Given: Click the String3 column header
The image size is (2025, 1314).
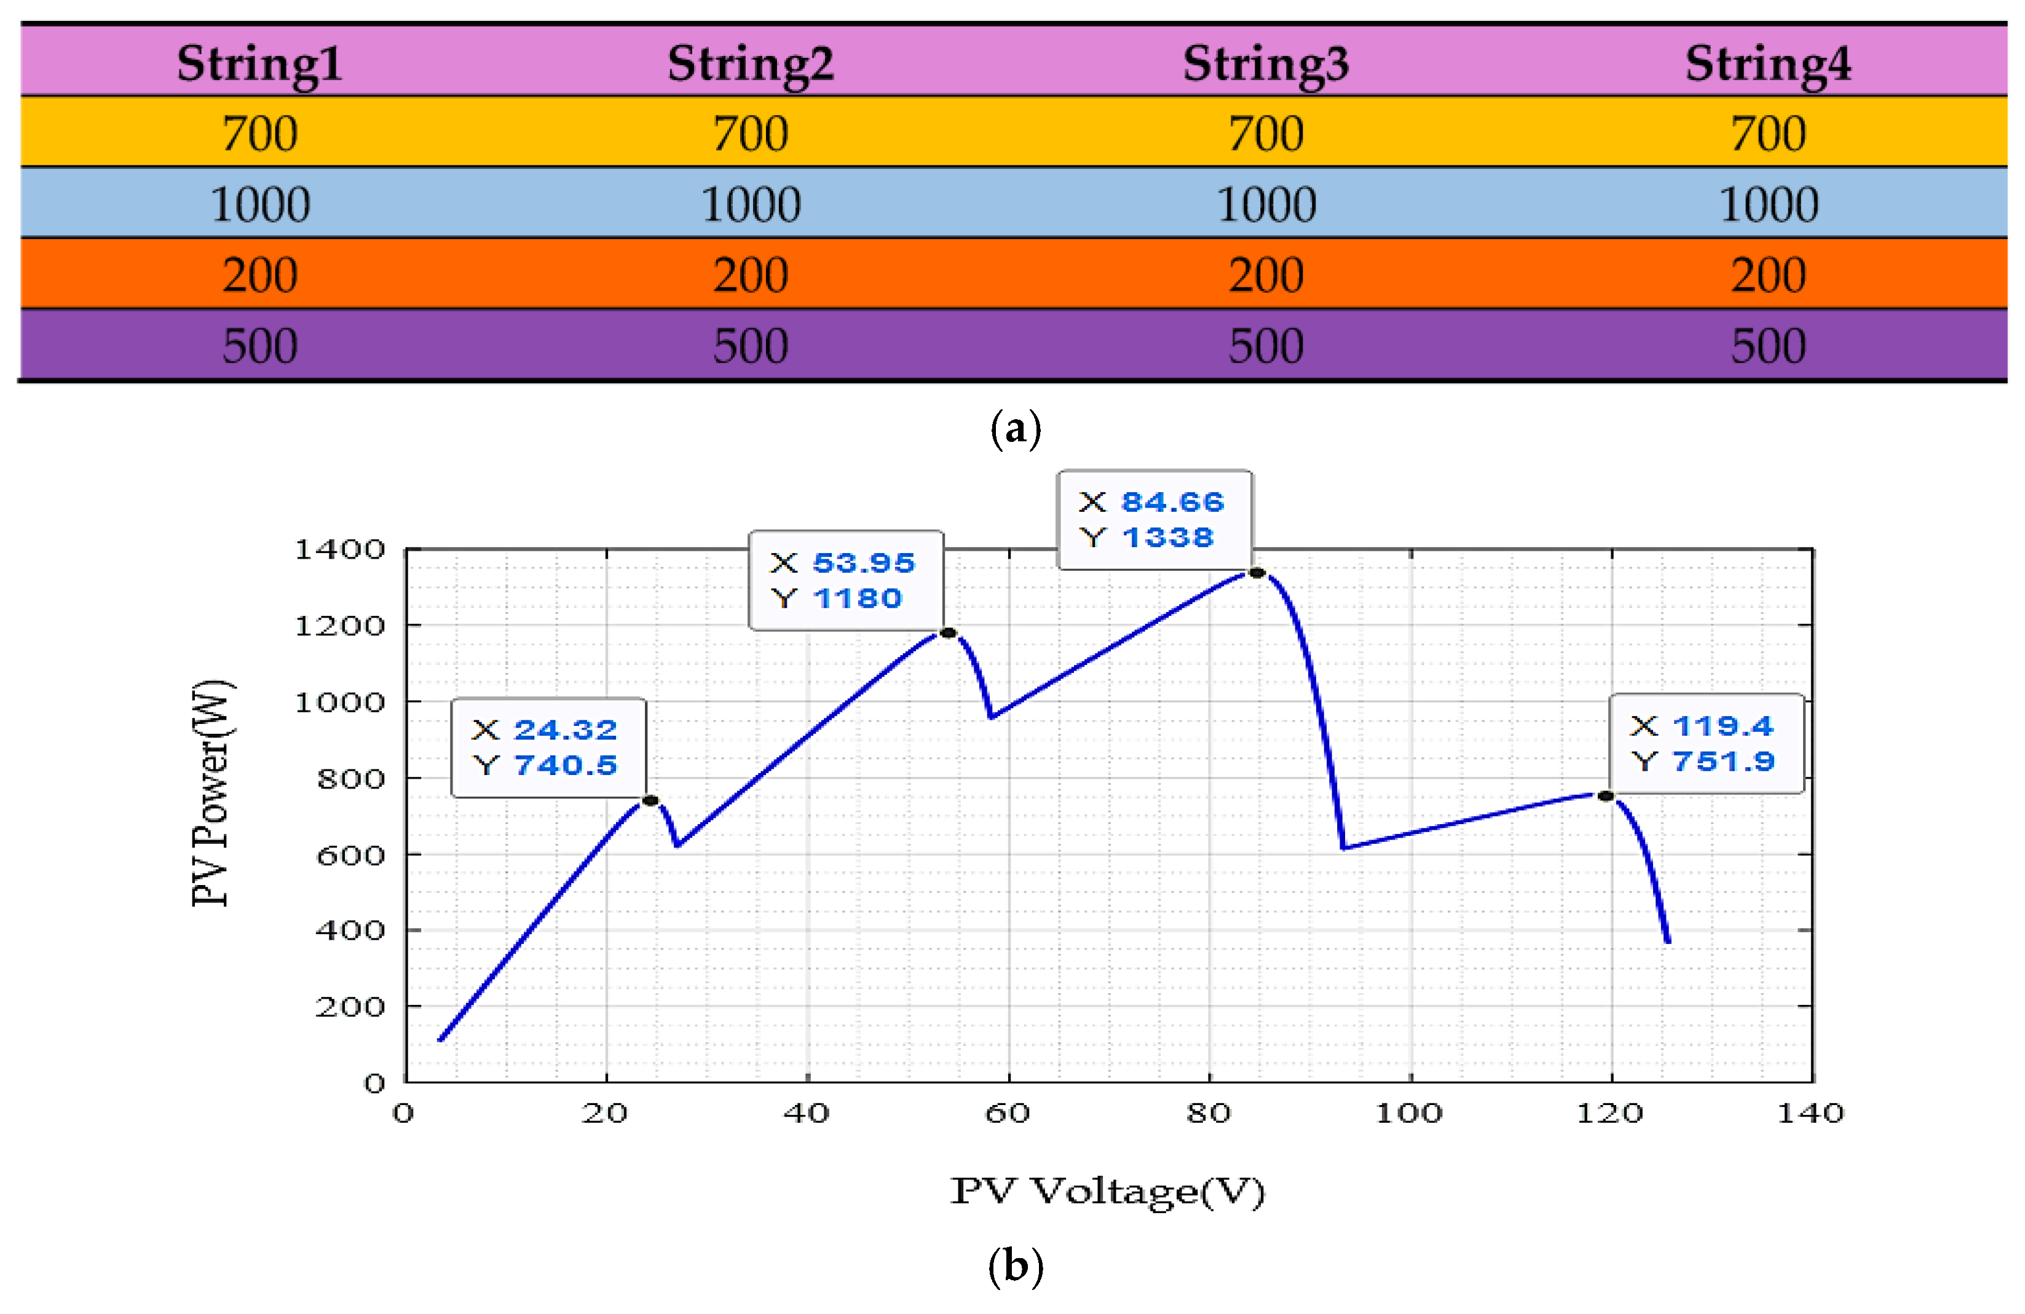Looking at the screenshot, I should point(1265,64).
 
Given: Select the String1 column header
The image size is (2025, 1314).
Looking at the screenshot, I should point(259,64).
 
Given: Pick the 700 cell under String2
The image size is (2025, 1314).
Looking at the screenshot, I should point(751,133).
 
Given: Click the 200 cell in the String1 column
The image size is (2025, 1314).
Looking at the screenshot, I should point(259,275).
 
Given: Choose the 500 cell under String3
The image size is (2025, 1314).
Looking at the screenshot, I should point(1265,346).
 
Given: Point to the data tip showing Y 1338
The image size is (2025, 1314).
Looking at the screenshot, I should point(1154,520).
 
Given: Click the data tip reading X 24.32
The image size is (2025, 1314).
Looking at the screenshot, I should point(548,747).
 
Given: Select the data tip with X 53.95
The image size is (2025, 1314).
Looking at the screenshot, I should point(846,580).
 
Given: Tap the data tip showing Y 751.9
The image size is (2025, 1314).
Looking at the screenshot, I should point(1705,743).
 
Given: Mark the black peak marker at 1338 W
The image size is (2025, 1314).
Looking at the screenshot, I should point(1257,572).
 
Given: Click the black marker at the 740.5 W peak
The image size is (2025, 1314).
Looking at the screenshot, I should point(650,800).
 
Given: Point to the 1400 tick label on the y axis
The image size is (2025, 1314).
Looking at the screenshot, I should point(339,549).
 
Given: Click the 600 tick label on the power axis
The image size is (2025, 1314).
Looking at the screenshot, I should point(350,855).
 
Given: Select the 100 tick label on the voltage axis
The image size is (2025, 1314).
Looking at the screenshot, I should point(1409,1113).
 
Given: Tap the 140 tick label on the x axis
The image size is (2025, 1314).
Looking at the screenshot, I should point(1810,1113).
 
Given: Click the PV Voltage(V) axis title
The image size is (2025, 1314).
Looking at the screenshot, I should point(1107,1190).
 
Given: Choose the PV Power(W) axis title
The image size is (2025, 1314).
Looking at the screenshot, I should point(210,793).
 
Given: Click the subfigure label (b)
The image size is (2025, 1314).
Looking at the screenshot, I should point(1015,1267).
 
